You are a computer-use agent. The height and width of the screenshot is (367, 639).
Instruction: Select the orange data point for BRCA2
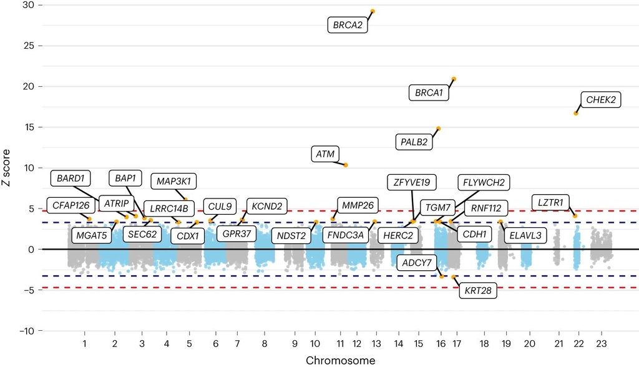click(x=373, y=11)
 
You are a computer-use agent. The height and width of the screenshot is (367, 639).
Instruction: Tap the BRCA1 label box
click(x=429, y=93)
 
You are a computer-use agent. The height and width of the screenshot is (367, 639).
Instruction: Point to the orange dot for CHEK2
click(x=576, y=113)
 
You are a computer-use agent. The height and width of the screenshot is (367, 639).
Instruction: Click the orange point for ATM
click(x=346, y=165)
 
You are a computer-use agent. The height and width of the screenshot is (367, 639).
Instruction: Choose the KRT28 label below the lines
click(x=477, y=291)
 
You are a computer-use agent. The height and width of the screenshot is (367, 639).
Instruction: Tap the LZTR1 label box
click(x=550, y=202)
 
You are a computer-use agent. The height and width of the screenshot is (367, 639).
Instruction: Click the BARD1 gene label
click(x=71, y=179)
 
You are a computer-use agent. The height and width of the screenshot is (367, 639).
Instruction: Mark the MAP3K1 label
click(x=173, y=181)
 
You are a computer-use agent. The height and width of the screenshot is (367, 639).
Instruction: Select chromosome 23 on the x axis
click(x=601, y=343)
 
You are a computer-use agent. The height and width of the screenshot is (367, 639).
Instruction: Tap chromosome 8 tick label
click(x=265, y=343)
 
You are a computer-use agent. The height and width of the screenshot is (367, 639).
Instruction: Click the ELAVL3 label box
click(x=525, y=235)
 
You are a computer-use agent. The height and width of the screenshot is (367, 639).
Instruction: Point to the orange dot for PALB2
click(x=439, y=129)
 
